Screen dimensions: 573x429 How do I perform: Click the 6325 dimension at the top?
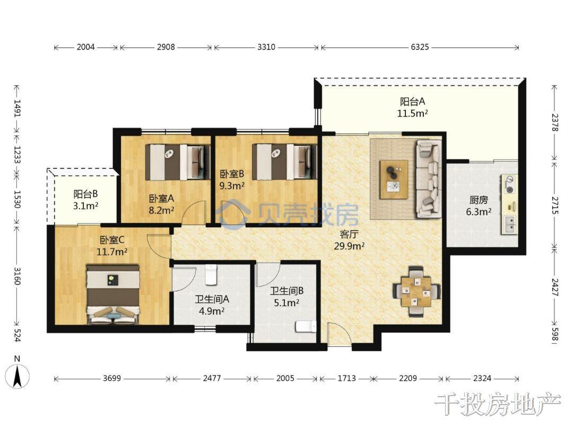(420, 47)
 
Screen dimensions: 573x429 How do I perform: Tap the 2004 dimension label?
(85, 47)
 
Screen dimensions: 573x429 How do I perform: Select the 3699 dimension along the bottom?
(111, 378)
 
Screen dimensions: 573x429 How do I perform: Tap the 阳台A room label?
(413, 102)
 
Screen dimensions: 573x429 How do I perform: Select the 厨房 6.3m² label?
(479, 205)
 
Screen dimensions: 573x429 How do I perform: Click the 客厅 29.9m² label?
(349, 240)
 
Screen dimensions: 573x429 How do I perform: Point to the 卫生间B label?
(286, 291)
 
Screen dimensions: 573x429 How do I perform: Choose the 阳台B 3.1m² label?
(85, 200)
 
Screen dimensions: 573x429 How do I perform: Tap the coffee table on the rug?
(394, 180)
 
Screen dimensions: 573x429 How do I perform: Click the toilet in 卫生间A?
(211, 275)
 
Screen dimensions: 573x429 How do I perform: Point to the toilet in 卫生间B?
(306, 326)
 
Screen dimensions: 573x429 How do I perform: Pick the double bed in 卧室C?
(113, 294)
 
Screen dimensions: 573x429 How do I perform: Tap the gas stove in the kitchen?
(509, 184)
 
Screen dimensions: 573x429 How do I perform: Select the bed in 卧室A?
(178, 162)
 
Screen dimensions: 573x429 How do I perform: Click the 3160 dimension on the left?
(17, 276)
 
